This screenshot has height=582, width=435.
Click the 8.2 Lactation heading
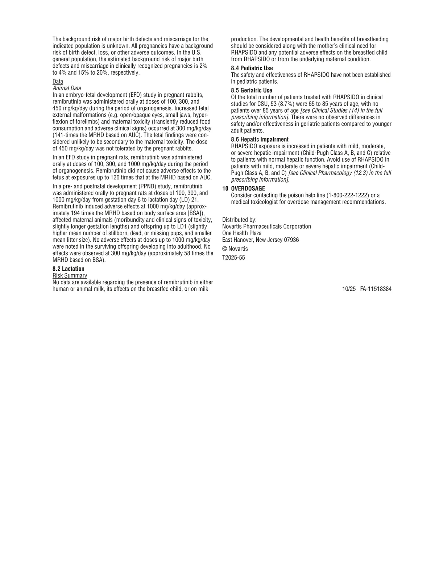[x=69, y=269]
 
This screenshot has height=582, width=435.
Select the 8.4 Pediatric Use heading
[x=252, y=68]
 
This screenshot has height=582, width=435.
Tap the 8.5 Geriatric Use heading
[x=252, y=91]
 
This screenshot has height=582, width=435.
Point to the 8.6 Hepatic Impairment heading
[x=260, y=140]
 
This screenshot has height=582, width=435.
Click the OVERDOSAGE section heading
[x=248, y=189]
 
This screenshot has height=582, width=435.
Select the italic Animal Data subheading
[x=67, y=88]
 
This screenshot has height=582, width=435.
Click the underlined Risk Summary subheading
[x=70, y=275]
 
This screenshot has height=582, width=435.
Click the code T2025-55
[x=233, y=258]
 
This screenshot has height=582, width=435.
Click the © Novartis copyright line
[x=235, y=249]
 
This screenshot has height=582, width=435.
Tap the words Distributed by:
[x=239, y=220]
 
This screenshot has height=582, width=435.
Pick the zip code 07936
[x=291, y=240]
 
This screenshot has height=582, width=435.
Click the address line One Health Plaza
[x=242, y=233]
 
